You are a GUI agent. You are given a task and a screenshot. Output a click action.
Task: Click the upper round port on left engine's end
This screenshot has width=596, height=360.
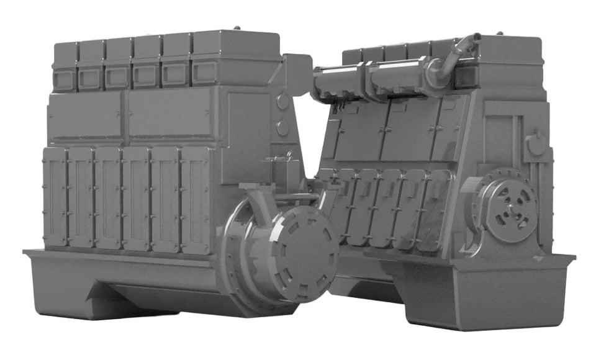(282, 101)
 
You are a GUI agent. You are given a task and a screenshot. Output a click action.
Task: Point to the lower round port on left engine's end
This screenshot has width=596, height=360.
(282, 128)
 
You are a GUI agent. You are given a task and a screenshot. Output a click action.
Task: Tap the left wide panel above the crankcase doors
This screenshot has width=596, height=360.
(85, 117)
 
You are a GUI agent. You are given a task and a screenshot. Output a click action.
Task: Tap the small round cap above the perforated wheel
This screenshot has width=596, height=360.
(535, 145)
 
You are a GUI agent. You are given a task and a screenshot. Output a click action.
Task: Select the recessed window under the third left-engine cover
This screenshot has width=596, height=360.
(117, 77)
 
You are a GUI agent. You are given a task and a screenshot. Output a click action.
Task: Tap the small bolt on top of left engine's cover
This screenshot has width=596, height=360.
(237, 28)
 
